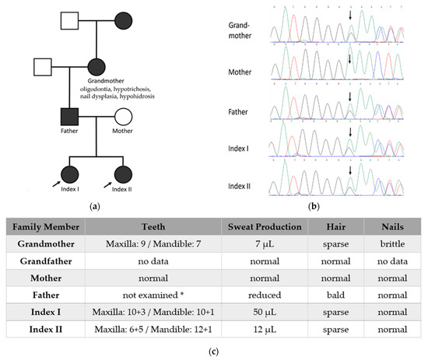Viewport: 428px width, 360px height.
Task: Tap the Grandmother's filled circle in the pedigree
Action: pyautogui.click(x=97, y=68)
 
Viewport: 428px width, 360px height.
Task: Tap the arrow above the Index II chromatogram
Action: pyautogui.click(x=350, y=170)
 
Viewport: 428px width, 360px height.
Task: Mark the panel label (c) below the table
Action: pyautogui.click(x=213, y=352)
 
